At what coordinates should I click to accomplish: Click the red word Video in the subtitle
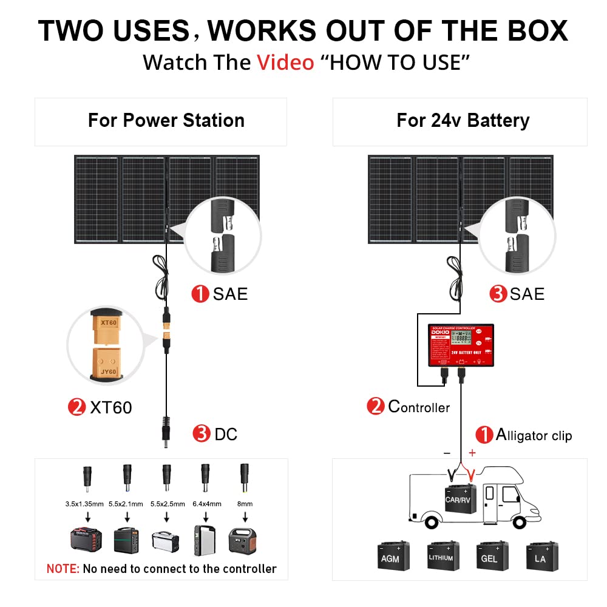(285, 62)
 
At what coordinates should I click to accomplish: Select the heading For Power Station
(166, 120)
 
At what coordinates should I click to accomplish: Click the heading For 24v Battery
(463, 120)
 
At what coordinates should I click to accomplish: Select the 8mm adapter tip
(245, 473)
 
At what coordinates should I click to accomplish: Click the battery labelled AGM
(390, 557)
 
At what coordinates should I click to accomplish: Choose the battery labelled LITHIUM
(441, 557)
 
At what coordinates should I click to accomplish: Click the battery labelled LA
(540, 557)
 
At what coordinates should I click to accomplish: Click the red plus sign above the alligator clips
(472, 453)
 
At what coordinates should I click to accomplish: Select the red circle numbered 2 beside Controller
(376, 406)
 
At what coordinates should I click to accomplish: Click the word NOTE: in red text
(63, 569)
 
